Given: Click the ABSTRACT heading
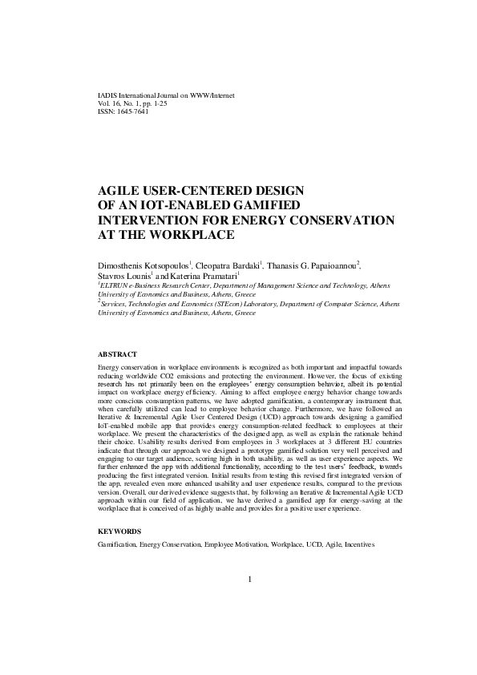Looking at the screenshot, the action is pos(117,354).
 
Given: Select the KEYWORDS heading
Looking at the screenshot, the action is pos(119,532).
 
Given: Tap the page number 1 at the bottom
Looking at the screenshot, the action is pos(251,580).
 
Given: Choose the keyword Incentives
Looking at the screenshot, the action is pos(359,545).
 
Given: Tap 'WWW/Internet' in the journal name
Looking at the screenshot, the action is pos(212,95).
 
